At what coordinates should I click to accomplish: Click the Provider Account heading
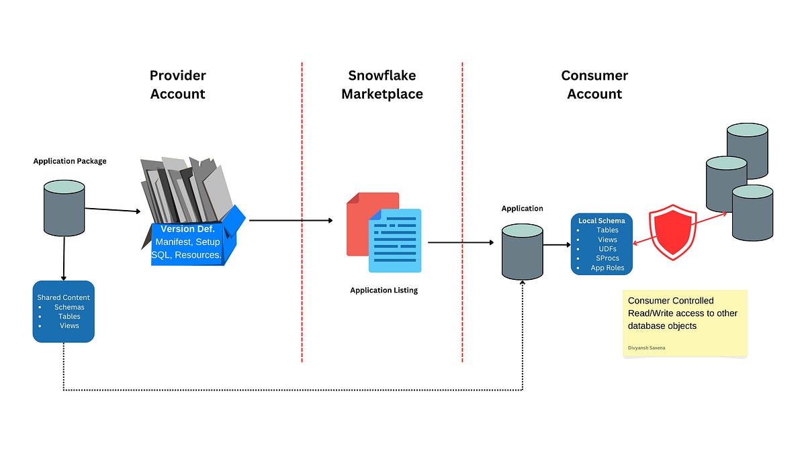tap(177, 85)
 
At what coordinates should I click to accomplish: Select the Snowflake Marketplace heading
tap(382, 85)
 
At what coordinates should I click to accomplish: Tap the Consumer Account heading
tap(594, 85)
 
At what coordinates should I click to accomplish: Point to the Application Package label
tap(70, 161)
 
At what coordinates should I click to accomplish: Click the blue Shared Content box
tap(63, 311)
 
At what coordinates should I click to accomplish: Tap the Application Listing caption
tap(384, 291)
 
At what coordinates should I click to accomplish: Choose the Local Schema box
tap(601, 244)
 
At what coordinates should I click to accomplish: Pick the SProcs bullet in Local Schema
tap(607, 258)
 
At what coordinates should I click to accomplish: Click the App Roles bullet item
tap(607, 268)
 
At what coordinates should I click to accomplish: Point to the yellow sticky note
tap(684, 323)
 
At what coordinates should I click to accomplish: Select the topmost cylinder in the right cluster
tap(747, 151)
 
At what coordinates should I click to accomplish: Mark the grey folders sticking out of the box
tap(187, 188)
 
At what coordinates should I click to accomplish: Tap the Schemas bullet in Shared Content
tap(69, 307)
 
